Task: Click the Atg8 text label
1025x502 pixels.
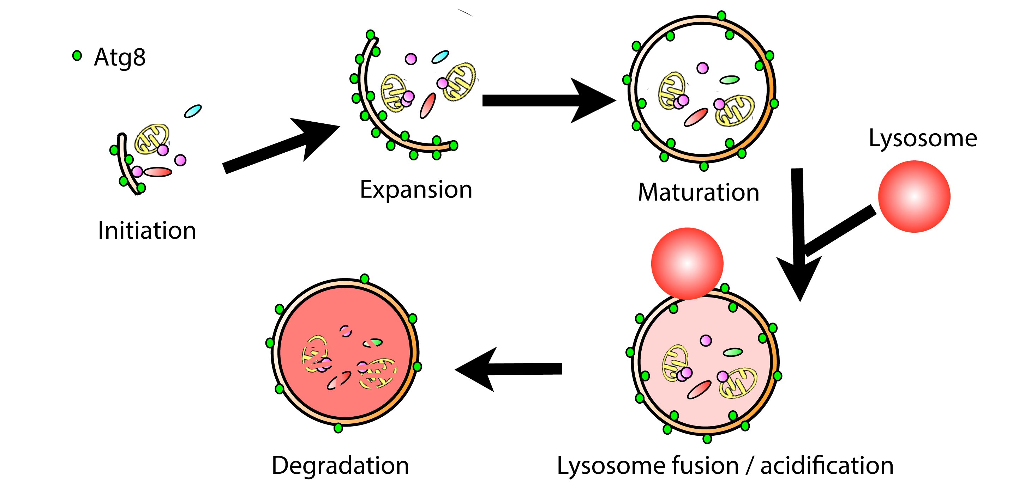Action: tap(120, 57)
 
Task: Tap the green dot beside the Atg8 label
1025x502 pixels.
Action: tap(77, 56)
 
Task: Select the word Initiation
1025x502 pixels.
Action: tap(147, 231)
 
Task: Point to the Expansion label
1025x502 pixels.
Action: tap(416, 190)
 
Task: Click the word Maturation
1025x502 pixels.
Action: tap(698, 192)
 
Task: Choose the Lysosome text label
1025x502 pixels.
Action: tap(923, 138)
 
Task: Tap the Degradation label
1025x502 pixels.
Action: tap(340, 465)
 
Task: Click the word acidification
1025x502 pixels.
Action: tap(827, 465)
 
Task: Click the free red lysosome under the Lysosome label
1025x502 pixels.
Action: tap(914, 196)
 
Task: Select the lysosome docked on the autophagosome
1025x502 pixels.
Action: tap(687, 263)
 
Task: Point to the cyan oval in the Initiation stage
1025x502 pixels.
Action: tap(193, 111)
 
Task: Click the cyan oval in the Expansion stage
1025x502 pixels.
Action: tap(440, 57)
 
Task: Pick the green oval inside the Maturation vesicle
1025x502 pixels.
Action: tap(729, 80)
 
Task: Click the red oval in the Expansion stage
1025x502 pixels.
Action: tap(428, 105)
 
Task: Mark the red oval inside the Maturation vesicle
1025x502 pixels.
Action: tap(696, 117)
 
